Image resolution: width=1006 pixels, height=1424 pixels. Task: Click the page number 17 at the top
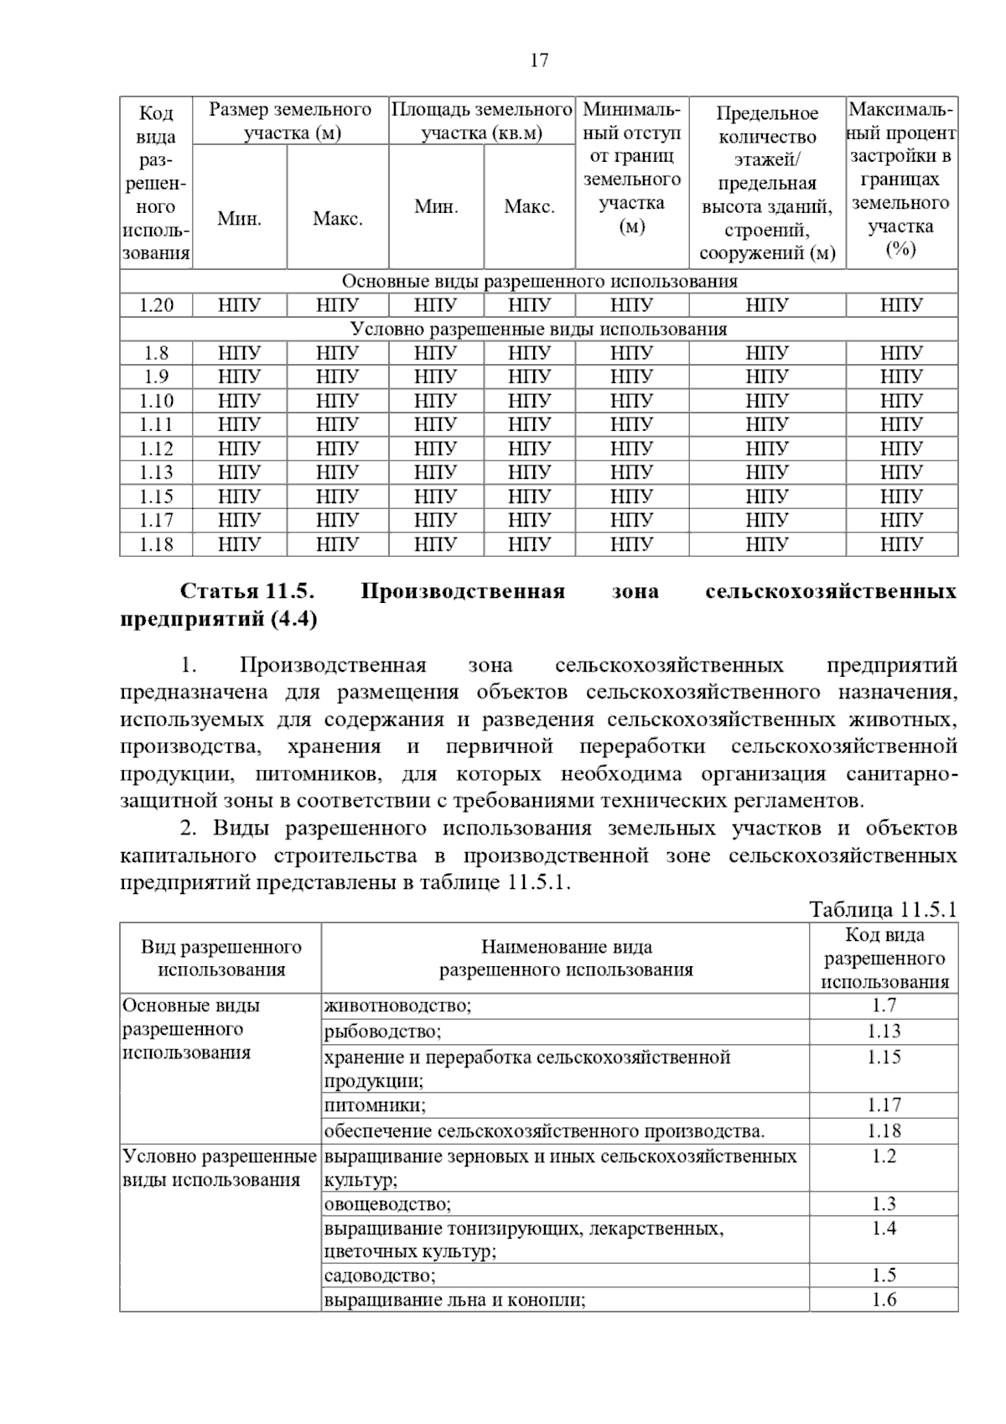click(539, 60)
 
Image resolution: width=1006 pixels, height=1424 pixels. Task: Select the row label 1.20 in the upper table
click(156, 305)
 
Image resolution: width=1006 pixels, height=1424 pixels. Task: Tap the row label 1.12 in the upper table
click(156, 449)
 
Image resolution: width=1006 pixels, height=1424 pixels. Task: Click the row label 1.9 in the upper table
click(156, 377)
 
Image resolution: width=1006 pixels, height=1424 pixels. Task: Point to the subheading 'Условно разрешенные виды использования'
click(538, 329)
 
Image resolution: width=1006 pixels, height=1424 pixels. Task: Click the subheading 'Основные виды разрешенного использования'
click(538, 281)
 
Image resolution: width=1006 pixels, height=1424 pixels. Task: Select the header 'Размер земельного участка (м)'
click(290, 122)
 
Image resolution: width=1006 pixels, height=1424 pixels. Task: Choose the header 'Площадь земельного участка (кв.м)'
click(482, 122)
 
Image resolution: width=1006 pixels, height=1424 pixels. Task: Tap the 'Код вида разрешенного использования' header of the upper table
click(156, 183)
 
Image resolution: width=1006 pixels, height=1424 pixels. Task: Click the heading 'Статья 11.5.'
click(247, 591)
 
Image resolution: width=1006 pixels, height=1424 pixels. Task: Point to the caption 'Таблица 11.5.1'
click(883, 910)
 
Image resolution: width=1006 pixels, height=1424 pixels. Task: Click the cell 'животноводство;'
click(397, 1006)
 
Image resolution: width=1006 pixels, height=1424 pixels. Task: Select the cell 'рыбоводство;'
click(382, 1031)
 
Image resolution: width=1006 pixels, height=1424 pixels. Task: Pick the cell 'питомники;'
click(375, 1104)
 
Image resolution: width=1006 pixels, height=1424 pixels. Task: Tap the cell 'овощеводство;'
click(387, 1204)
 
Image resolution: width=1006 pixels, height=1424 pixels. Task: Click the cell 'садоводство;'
click(380, 1276)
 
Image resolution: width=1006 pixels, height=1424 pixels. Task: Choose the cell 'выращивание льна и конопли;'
click(454, 1300)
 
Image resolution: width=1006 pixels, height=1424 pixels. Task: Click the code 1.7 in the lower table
click(884, 1006)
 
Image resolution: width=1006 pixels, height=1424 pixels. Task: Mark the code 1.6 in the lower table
click(884, 1300)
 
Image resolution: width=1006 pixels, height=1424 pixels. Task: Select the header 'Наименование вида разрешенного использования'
click(566, 959)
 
